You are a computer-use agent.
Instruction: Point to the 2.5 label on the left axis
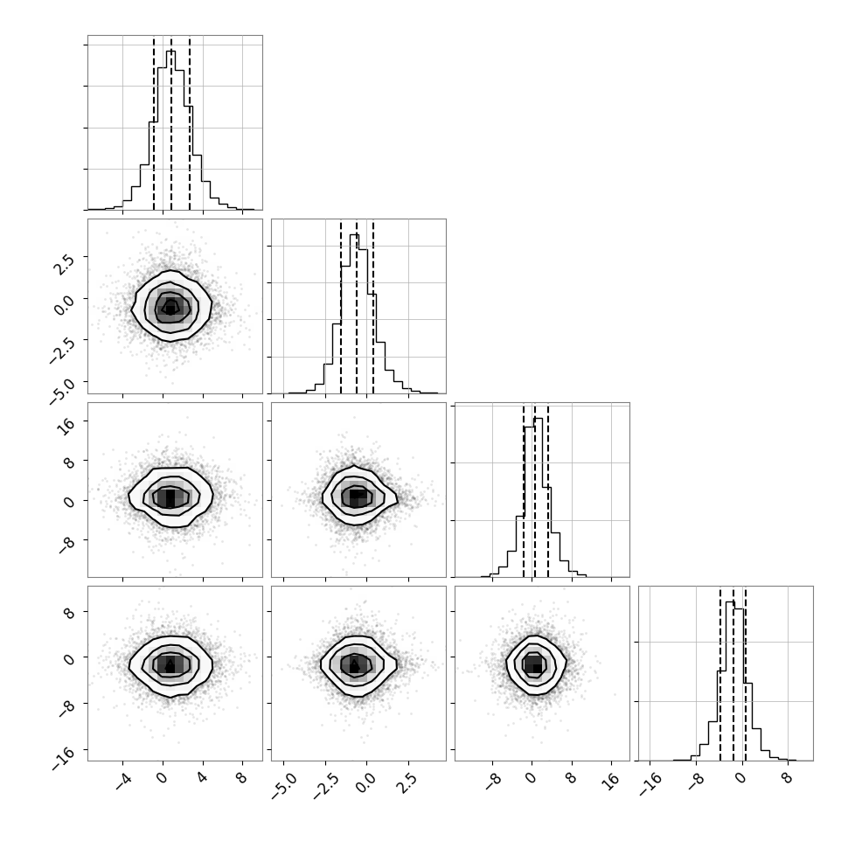point(63,263)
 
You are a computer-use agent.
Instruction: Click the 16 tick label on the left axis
point(66,426)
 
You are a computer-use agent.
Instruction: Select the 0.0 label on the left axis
point(63,305)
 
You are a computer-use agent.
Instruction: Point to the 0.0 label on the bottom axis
point(365,782)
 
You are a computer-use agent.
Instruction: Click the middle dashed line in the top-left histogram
point(171,123)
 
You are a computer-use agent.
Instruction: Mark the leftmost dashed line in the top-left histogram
point(154,123)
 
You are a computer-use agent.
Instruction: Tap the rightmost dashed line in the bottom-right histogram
point(745,674)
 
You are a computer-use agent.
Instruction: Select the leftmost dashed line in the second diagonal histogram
point(341,307)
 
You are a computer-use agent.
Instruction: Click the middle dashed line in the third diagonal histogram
point(535,490)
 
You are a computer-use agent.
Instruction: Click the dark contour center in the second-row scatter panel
point(170,307)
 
